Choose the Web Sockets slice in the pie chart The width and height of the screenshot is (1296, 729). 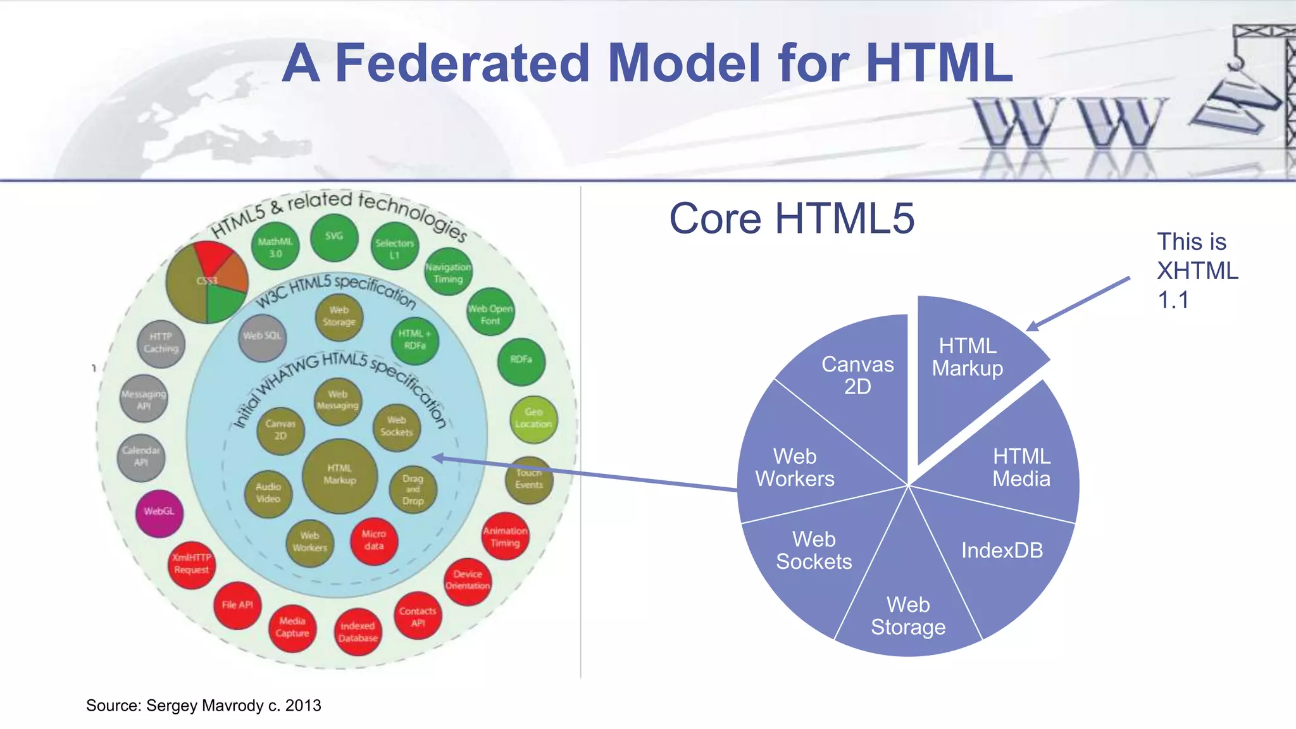814,551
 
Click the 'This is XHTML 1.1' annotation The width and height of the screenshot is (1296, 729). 1197,271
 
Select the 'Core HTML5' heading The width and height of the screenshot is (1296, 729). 792,218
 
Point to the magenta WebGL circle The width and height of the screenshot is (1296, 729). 159,512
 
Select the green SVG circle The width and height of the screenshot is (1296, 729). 334,237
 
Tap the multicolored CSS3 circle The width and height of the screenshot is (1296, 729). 207,282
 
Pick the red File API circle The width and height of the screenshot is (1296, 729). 237,605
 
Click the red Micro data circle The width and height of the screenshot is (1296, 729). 374,540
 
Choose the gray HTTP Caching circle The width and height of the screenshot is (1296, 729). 161,343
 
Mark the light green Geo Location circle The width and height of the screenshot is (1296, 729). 533,418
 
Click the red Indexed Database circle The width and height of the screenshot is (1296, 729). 358,632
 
